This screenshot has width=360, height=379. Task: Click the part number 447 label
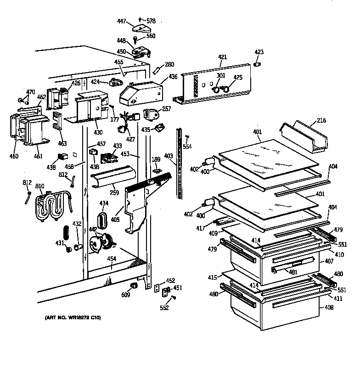121,22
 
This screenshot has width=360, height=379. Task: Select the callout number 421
222,57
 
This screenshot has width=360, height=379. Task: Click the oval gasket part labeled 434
102,220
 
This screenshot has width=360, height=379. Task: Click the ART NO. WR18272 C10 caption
73,317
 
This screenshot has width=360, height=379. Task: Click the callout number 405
114,220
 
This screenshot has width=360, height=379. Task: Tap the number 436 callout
173,76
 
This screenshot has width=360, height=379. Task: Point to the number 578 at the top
151,21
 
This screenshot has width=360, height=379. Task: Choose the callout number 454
112,259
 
